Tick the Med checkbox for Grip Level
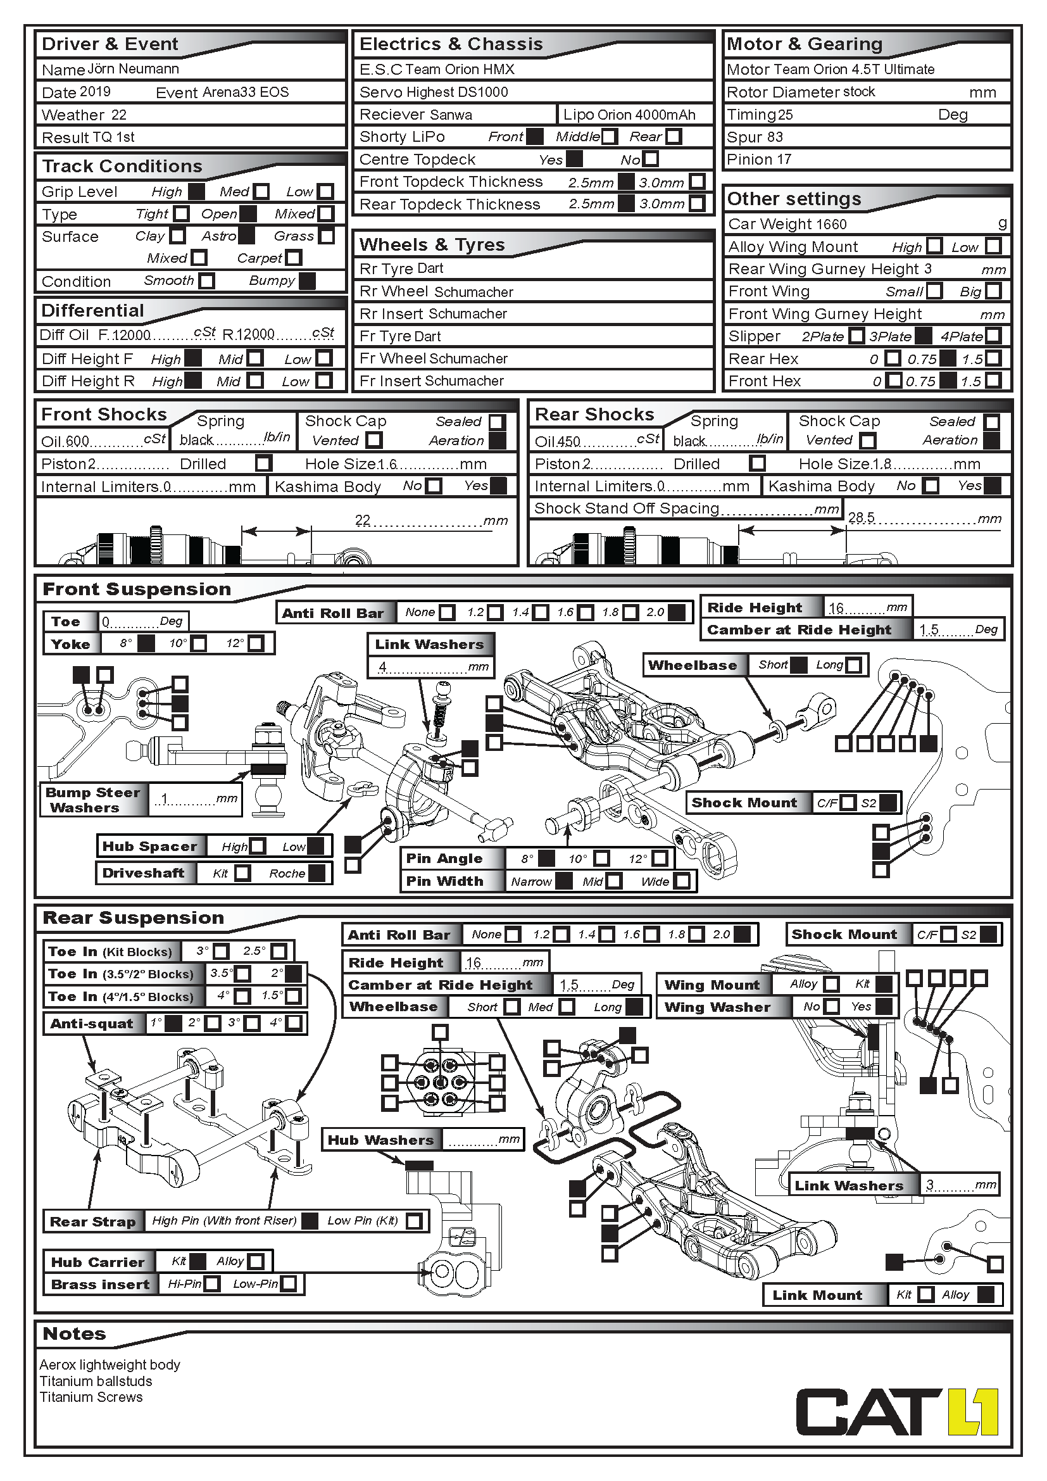tap(261, 192)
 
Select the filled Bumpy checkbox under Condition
tap(308, 280)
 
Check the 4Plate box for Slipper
tap(993, 336)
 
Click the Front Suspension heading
tap(137, 589)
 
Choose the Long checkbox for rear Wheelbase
tap(634, 1006)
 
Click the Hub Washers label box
tap(380, 1140)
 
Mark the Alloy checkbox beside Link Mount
tap(985, 1294)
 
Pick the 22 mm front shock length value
tap(363, 520)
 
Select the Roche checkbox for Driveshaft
tap(317, 873)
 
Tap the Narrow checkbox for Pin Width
tap(563, 881)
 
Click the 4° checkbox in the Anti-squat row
tap(293, 1023)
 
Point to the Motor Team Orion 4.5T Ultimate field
tap(831, 69)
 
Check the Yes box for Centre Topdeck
tap(574, 159)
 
